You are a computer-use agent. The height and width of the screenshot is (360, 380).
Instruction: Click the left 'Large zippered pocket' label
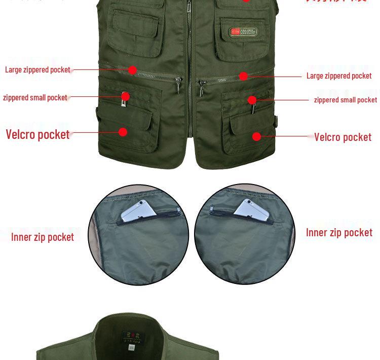tap(37, 69)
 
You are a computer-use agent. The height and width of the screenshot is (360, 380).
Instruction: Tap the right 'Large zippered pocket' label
tap(339, 76)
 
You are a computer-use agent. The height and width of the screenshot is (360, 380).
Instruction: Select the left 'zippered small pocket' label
tap(35, 97)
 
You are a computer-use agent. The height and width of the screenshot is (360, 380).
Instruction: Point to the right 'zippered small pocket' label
tap(345, 100)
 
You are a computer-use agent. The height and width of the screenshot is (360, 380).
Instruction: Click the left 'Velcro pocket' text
tap(37, 134)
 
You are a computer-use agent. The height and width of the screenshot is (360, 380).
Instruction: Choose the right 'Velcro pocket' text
tap(343, 137)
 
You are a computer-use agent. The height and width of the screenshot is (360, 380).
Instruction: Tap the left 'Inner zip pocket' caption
tap(43, 237)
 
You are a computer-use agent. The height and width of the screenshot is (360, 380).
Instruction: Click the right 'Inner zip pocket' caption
tap(339, 232)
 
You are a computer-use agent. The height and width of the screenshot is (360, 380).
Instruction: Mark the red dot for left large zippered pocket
tap(132, 70)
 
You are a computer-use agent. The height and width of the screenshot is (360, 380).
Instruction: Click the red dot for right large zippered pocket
tap(243, 76)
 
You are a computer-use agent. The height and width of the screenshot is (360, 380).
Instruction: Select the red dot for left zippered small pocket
tap(125, 96)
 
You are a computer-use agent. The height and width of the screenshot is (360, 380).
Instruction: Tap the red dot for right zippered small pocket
tap(252, 100)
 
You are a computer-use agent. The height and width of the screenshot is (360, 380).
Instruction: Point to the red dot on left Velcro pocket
tap(123, 132)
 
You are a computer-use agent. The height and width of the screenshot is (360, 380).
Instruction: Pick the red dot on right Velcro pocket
tap(256, 136)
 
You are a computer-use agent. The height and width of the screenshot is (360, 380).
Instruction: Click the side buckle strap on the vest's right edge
tap(277, 121)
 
